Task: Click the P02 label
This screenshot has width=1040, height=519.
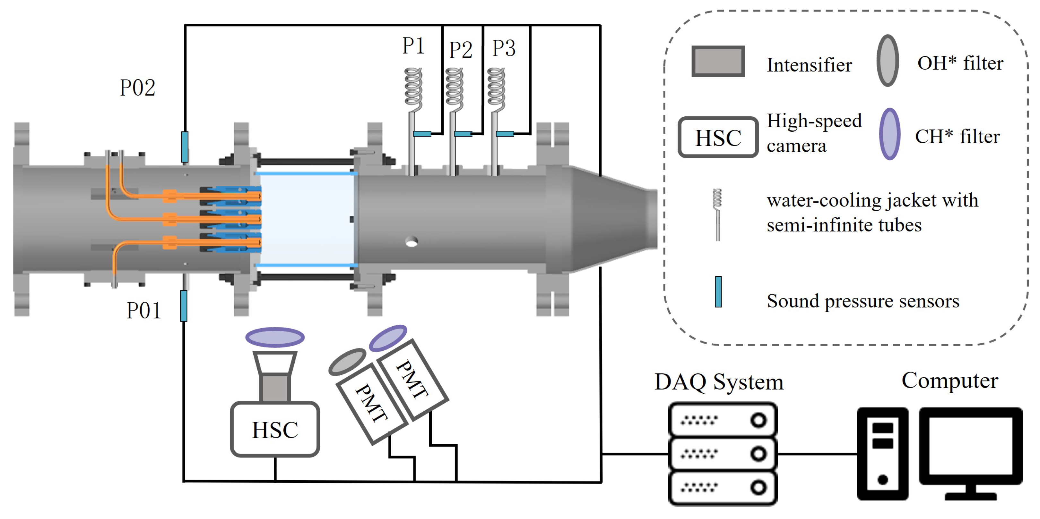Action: point(137,88)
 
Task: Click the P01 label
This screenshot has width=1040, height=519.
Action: point(144,311)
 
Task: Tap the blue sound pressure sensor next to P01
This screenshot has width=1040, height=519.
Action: point(184,306)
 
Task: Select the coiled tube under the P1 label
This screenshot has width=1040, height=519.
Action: point(413,89)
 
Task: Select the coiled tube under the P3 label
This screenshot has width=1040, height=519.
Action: point(496,89)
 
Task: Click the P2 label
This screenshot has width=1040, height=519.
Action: point(461,50)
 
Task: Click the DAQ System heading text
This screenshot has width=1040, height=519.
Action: point(719,381)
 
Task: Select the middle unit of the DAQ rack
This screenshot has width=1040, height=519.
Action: point(723,454)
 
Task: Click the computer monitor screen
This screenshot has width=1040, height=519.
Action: point(971,446)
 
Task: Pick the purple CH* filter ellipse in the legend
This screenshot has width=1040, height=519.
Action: point(890,134)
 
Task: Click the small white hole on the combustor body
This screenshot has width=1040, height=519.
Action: point(412,242)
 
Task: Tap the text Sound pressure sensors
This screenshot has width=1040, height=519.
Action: point(863,301)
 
